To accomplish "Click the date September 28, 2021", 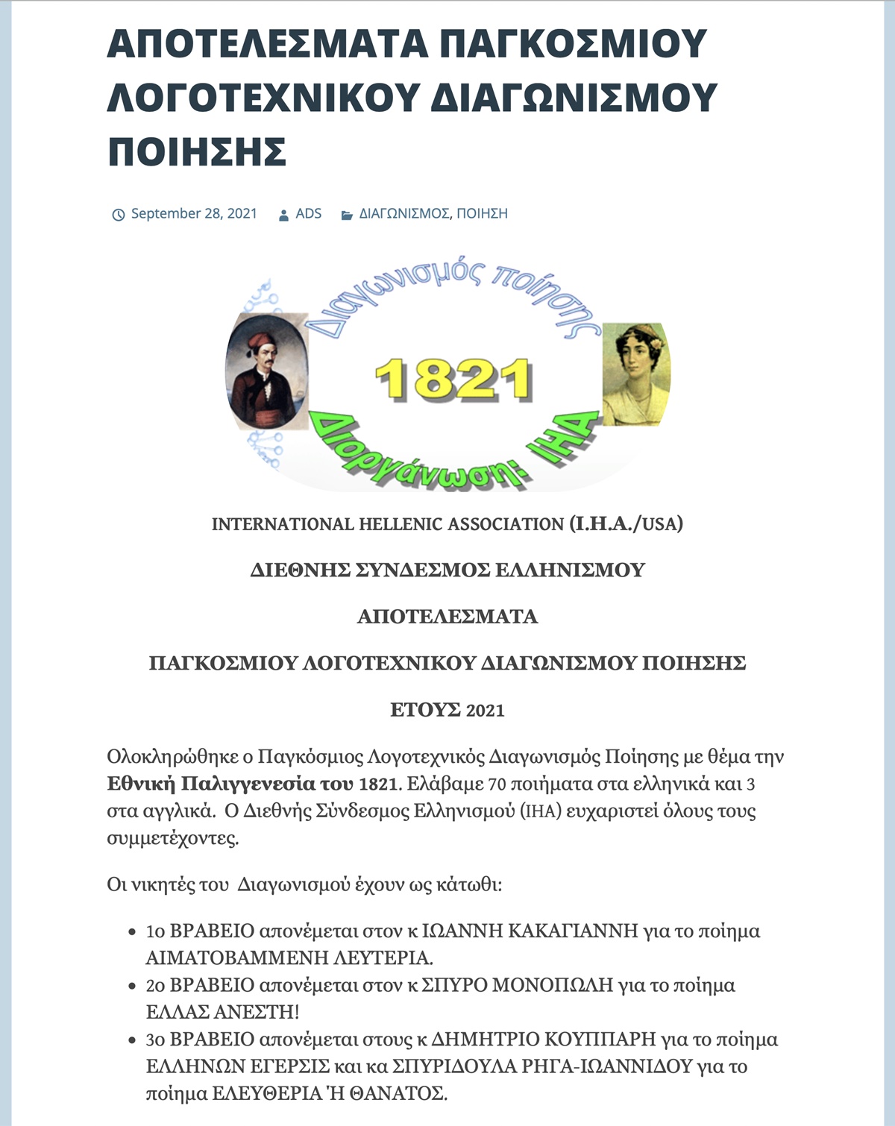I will point(194,214).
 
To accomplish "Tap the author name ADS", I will point(308,214).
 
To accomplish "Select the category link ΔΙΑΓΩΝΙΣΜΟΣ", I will point(404,214).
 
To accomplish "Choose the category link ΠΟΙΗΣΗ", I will point(482,214).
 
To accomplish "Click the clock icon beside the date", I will point(118,215).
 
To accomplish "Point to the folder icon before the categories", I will point(347,215).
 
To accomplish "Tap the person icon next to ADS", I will point(283,215).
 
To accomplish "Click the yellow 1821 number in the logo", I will point(453,379).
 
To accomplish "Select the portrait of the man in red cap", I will point(267,371).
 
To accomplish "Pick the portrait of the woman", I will point(635,374).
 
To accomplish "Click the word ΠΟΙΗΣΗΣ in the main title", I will point(198,152).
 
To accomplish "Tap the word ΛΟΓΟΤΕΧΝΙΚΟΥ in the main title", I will point(265,98).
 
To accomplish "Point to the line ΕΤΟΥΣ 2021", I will point(447,710).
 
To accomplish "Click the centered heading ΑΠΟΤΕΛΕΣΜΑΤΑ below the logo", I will point(447,617).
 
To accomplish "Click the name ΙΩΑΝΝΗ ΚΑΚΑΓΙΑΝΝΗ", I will point(530,931).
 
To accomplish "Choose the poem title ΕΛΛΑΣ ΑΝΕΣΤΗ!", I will point(222,1012).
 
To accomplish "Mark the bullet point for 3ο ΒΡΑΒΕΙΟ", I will point(132,1040).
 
